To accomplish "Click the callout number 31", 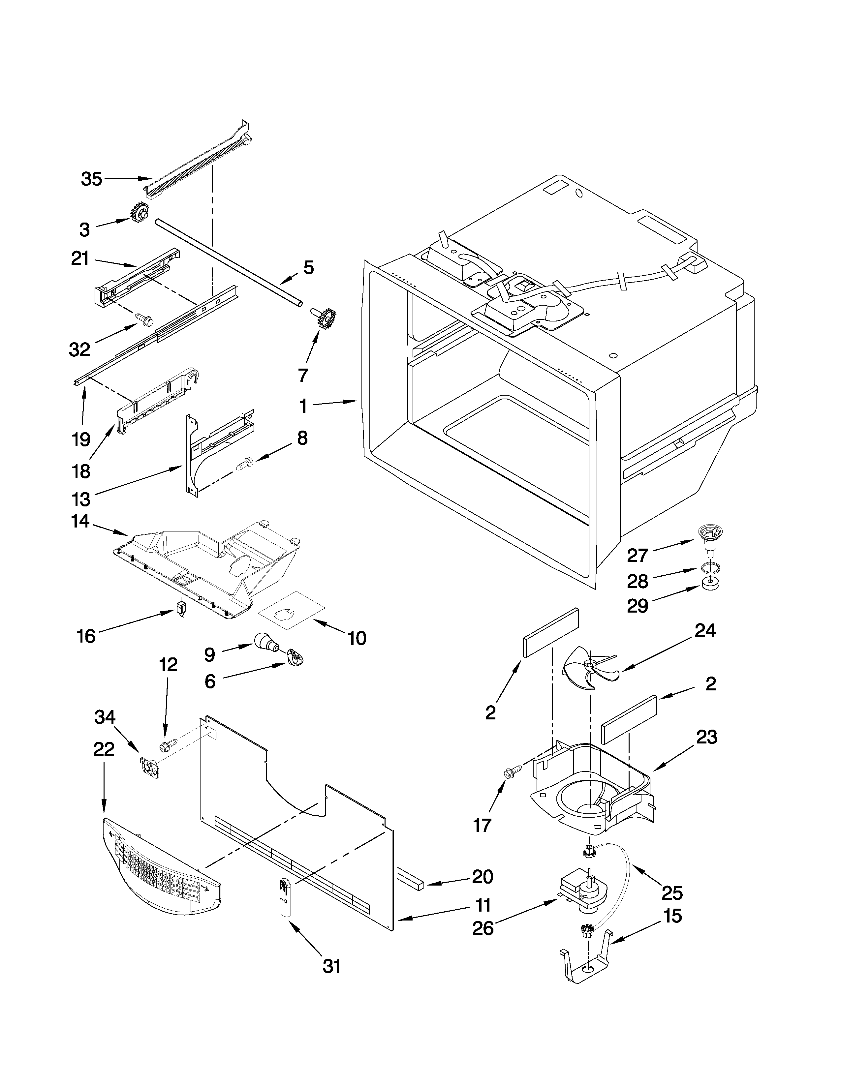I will [x=332, y=981].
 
